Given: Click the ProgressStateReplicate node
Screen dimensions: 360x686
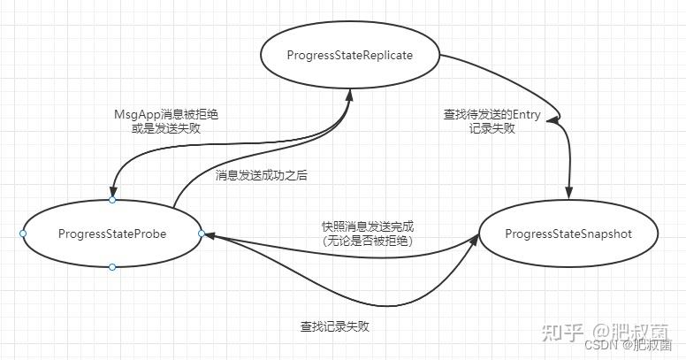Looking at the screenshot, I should click(x=350, y=56).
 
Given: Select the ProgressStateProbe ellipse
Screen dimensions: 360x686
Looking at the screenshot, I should click(x=112, y=234).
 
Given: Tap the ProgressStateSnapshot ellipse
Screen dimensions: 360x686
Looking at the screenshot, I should click(x=568, y=234).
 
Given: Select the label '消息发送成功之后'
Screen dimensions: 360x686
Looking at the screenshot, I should click(x=261, y=175).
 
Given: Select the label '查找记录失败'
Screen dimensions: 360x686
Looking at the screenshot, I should click(x=334, y=326).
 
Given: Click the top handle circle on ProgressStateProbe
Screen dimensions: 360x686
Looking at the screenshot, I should click(x=112, y=200).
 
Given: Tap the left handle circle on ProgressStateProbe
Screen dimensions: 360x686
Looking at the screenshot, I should click(x=23, y=234).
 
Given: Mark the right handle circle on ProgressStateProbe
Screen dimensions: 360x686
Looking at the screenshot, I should click(x=202, y=234).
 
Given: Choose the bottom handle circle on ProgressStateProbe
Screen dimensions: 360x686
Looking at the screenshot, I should click(x=112, y=267).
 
